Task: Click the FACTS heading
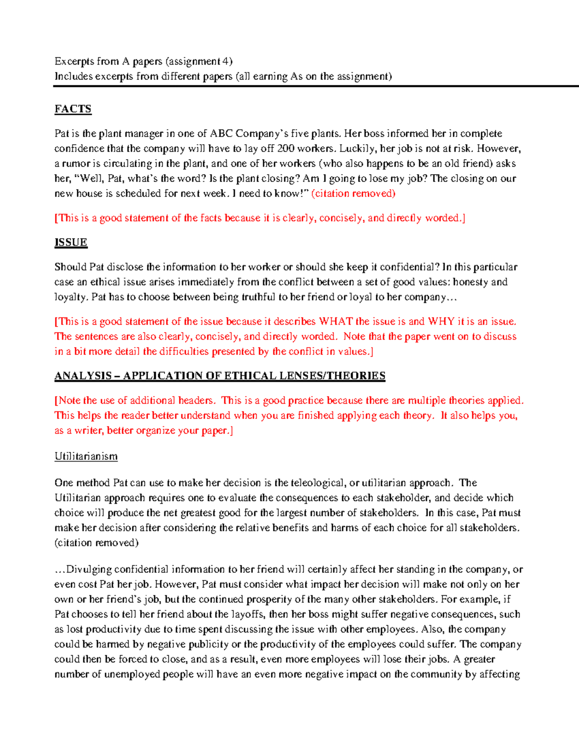tap(73, 109)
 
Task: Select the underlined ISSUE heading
tap(71, 242)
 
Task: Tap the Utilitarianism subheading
tap(86, 456)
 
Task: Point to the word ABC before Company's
tap(221, 134)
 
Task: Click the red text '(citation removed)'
tap(353, 193)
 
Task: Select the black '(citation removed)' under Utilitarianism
tap(96, 543)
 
